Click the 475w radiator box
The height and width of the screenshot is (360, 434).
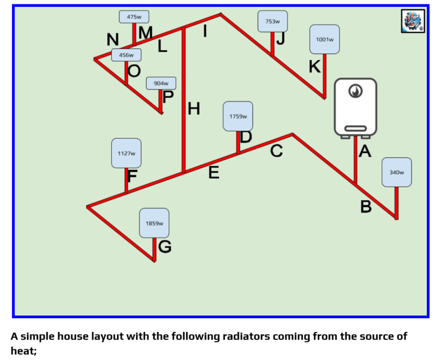[x=134, y=17]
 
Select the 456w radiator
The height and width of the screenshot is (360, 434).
[x=126, y=55]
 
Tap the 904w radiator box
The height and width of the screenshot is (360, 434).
[x=161, y=83]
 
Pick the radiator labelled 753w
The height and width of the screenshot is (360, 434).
[x=272, y=21]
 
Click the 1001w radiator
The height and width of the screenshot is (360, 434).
[x=325, y=39]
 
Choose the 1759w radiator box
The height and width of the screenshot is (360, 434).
[x=238, y=116]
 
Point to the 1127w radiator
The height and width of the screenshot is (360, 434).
[x=126, y=153]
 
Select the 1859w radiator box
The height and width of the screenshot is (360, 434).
[x=154, y=223]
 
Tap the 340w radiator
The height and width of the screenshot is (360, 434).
[x=396, y=172]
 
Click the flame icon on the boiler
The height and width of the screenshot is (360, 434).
[x=355, y=91]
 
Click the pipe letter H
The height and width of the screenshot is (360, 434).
[x=193, y=109]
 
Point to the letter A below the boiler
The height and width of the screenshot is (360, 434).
[x=365, y=151]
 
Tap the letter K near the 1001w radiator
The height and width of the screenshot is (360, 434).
[x=314, y=67]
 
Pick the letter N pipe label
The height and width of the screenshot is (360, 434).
[x=112, y=39]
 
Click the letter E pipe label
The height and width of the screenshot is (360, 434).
[x=214, y=173]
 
